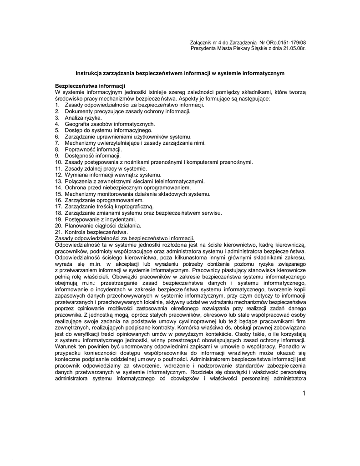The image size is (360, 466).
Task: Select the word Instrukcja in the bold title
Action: [89, 73]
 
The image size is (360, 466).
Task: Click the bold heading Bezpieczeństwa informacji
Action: [90, 86]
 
